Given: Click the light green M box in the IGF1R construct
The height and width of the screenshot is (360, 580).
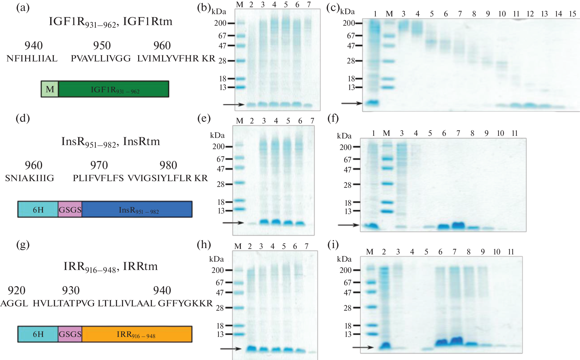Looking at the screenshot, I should [50, 89].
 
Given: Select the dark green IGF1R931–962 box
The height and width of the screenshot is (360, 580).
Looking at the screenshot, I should [114, 89].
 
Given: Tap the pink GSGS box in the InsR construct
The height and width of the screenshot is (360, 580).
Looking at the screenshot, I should [70, 209].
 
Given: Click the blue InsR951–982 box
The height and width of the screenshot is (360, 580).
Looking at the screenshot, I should [137, 209].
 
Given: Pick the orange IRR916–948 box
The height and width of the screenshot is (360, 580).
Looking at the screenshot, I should [137, 334].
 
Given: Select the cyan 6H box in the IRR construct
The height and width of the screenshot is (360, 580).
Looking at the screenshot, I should [38, 334].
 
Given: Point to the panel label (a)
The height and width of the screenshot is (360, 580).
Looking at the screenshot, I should [23, 8].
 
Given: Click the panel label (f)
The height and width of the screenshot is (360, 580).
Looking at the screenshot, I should [333, 118].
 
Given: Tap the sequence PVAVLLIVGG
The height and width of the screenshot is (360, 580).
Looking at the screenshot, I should [101, 59].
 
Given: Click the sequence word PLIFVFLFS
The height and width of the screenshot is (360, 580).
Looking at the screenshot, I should [98, 178].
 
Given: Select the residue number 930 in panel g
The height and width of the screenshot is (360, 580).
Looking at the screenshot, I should [71, 290].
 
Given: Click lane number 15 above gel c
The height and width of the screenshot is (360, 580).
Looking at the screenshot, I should [573, 14].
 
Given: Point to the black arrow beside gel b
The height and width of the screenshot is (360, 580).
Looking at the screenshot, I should [233, 104].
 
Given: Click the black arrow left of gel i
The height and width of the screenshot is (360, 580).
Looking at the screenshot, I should [363, 347].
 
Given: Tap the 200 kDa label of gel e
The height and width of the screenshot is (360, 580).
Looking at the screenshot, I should [218, 147].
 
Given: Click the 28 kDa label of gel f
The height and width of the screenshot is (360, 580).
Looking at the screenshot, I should [347, 185].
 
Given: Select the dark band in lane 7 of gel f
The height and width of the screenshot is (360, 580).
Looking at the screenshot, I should [458, 225].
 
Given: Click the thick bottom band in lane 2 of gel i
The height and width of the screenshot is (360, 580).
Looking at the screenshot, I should [385, 346].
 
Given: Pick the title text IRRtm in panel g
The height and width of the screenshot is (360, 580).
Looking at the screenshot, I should [140, 266].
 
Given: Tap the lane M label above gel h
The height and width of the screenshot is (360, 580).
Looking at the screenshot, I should [238, 246].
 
